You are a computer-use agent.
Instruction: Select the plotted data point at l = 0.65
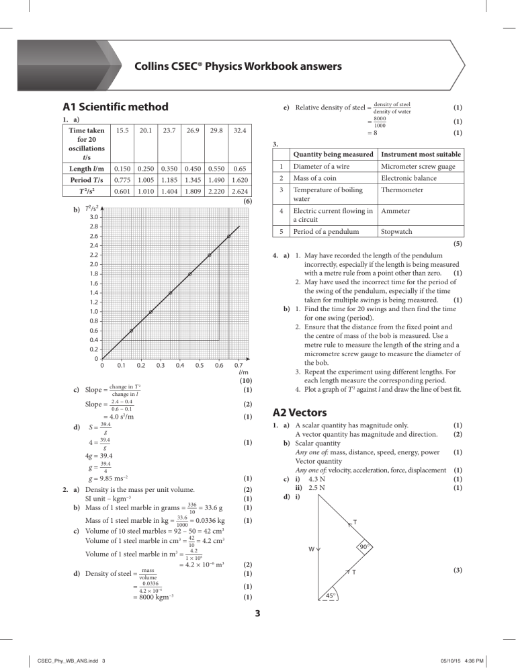pyautogui.click(x=229, y=236)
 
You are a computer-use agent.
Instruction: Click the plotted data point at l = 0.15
pyautogui.click(x=131, y=331)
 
